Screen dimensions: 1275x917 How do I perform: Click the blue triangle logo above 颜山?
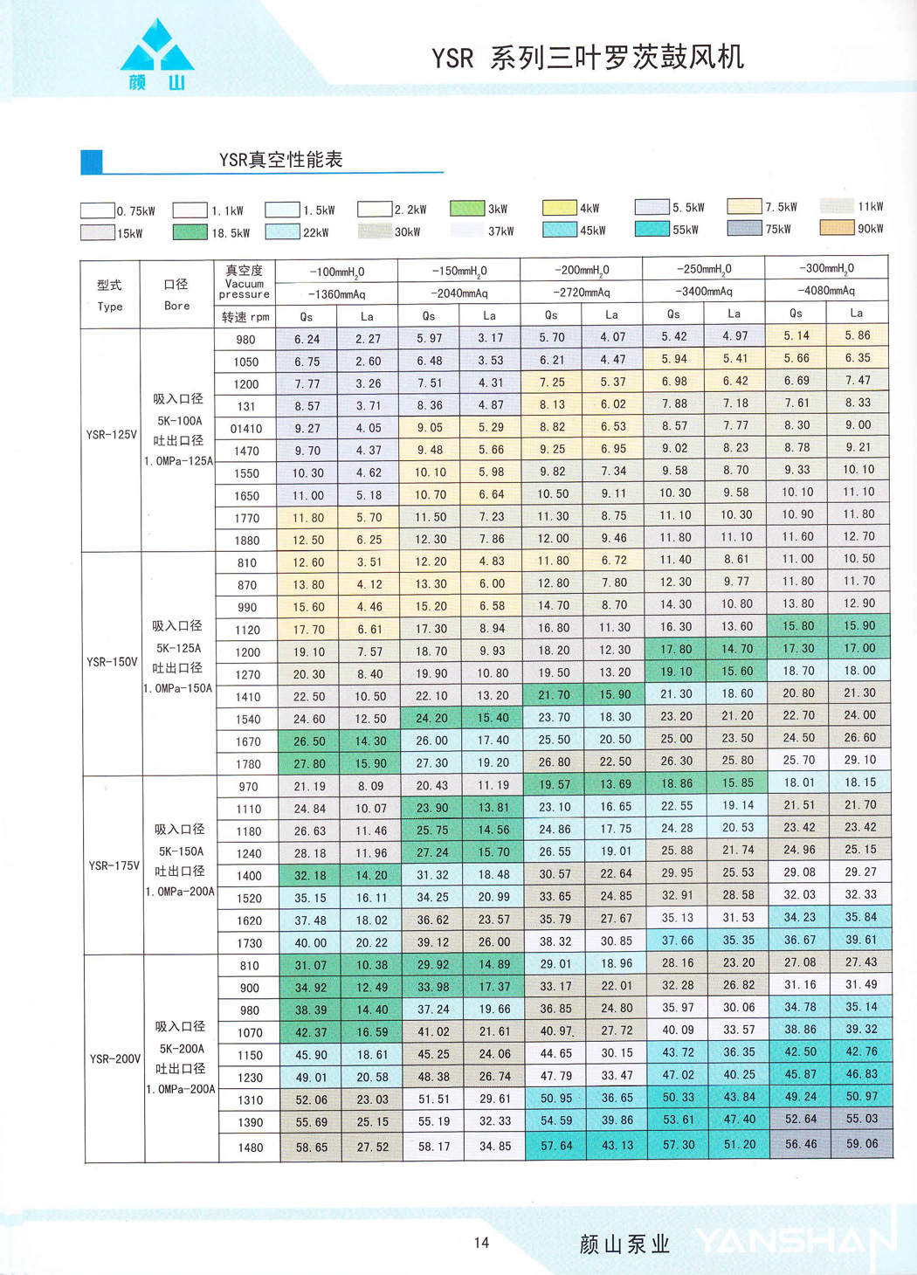pyautogui.click(x=156, y=47)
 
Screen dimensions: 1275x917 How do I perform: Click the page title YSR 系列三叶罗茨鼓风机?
pyautogui.click(x=587, y=58)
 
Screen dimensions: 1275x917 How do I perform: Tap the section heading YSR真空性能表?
pyautogui.click(x=280, y=160)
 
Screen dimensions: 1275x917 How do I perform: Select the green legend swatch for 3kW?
pyautogui.click(x=467, y=209)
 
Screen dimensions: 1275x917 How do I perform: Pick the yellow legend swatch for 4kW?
pyautogui.click(x=559, y=208)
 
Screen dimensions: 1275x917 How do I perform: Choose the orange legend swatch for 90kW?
pyautogui.click(x=836, y=228)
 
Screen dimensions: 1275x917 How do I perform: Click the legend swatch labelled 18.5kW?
pyautogui.click(x=190, y=232)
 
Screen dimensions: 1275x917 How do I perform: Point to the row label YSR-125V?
pyautogui.click(x=111, y=434)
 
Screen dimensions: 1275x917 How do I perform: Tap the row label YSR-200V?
pyautogui.click(x=114, y=1058)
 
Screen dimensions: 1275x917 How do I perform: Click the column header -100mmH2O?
pyautogui.click(x=336, y=272)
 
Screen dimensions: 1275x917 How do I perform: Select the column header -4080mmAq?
pyautogui.click(x=825, y=291)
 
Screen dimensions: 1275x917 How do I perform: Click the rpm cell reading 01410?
pyautogui.click(x=245, y=429)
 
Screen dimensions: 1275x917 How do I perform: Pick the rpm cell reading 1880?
pyautogui.click(x=246, y=541)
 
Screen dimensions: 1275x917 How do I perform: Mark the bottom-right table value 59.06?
pyautogui.click(x=861, y=1144)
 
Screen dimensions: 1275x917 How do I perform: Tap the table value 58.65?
pyautogui.click(x=311, y=1147)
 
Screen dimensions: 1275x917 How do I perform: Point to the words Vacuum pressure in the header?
pyautogui.click(x=244, y=289)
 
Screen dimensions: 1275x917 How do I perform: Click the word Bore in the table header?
pyautogui.click(x=176, y=306)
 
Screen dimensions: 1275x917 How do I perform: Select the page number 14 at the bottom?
pyautogui.click(x=481, y=1243)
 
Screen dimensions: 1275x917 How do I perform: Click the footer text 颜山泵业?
pyautogui.click(x=624, y=1244)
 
